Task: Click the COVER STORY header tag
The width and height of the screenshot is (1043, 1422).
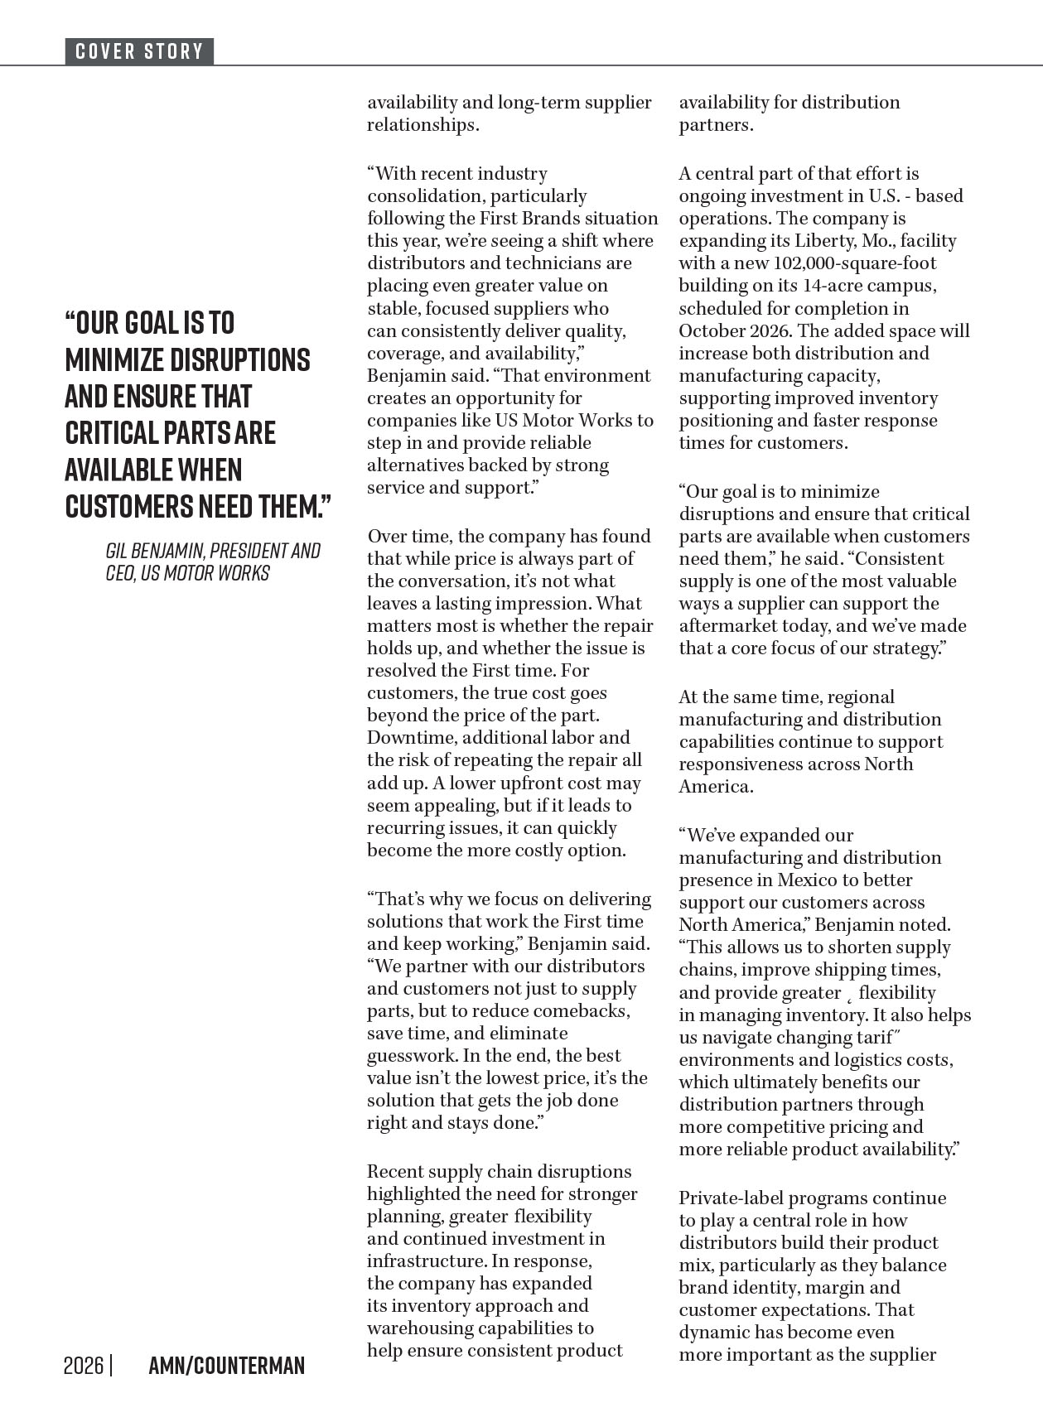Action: (x=139, y=51)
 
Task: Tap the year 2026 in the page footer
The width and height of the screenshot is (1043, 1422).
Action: (x=84, y=1366)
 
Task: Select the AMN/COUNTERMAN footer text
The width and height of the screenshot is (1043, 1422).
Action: (x=226, y=1366)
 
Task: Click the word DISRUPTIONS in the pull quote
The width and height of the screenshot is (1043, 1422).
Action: (x=239, y=359)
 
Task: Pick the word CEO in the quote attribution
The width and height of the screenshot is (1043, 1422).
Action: (x=120, y=573)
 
